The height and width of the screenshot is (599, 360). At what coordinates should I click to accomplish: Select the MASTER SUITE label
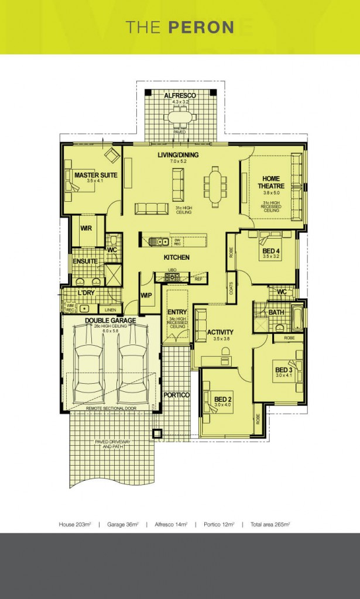(x=95, y=174)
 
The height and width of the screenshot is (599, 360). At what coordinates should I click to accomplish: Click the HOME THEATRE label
(x=271, y=182)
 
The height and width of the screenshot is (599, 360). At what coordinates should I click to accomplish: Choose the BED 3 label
(x=283, y=370)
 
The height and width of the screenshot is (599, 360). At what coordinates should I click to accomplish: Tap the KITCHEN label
(x=176, y=257)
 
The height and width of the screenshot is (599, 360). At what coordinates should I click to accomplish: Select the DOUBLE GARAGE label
(x=110, y=320)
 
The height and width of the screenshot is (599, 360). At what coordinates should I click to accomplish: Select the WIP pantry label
(x=146, y=295)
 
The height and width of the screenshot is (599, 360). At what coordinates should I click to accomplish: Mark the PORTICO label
(x=176, y=395)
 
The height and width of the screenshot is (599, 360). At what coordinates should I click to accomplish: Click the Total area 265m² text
(x=270, y=524)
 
